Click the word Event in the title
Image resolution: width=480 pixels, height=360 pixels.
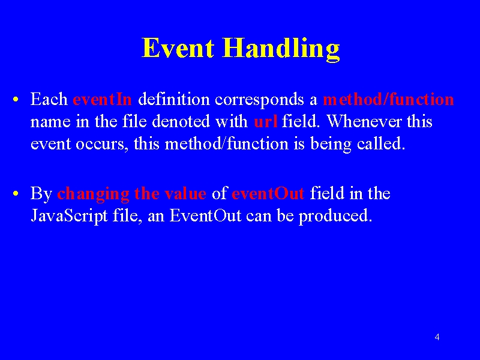point(178,48)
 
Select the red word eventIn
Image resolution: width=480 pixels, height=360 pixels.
point(102,99)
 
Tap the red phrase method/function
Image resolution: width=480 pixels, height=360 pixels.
point(388,99)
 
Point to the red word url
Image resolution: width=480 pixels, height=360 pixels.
point(266,122)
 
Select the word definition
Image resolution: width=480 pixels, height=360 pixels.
point(174,99)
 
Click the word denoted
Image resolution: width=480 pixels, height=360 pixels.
point(181,121)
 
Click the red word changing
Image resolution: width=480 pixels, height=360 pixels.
point(93,194)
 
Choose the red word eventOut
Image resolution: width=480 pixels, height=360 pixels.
point(268,193)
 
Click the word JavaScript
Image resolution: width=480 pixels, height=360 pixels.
point(69,217)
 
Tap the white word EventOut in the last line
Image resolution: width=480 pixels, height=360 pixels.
point(205,215)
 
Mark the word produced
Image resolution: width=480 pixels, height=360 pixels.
point(335,217)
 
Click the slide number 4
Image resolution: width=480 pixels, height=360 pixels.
point(437,337)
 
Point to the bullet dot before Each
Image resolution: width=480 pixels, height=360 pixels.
point(16,99)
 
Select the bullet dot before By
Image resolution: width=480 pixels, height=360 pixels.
point(16,193)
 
